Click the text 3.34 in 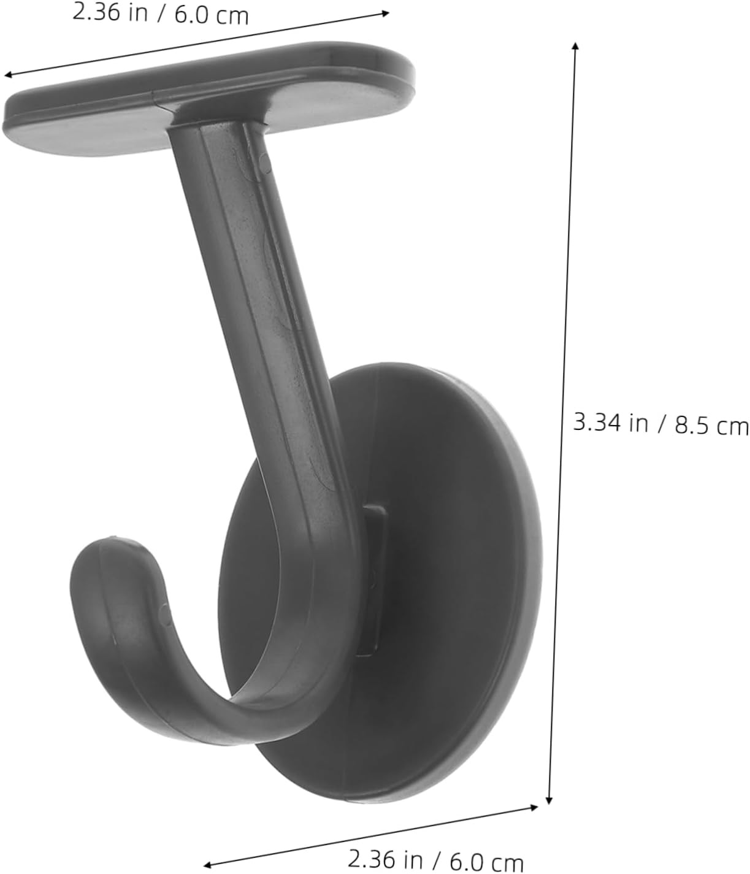pos(610,422)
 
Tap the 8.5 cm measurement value pos(712,425)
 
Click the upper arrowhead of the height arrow pos(575,45)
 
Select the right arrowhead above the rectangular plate pos(386,12)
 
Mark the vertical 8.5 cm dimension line pos(562,423)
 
